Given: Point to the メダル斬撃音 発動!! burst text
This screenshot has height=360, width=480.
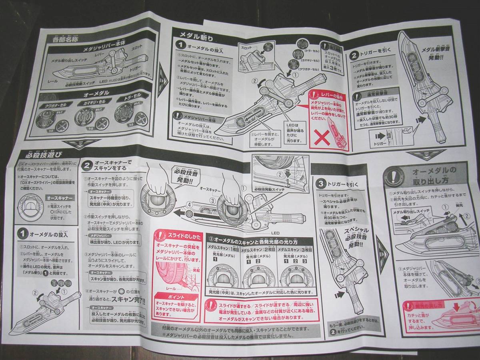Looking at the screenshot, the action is coord(434,54).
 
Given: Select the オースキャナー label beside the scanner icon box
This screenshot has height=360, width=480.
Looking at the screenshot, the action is coord(60,198).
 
